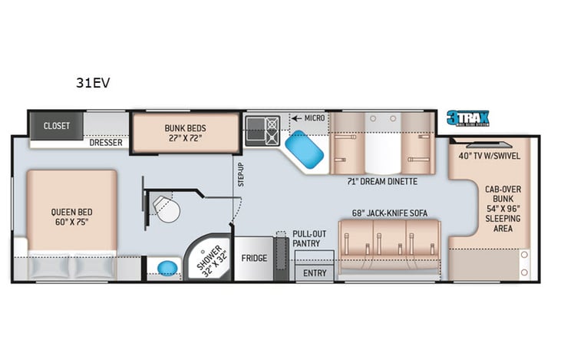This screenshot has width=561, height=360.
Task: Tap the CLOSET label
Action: tap(57, 125)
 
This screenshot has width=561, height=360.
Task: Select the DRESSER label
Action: tap(106, 142)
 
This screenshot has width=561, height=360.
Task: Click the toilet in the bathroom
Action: tap(165, 206)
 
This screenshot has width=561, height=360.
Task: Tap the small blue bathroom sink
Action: tap(167, 268)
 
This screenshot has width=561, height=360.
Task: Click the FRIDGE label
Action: tap(254, 258)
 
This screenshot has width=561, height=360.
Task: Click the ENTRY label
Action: tap(315, 272)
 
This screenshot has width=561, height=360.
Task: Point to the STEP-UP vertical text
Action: tap(240, 174)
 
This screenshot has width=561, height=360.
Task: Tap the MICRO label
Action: tap(314, 118)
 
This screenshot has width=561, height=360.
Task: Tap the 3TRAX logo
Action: tap(468, 117)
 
